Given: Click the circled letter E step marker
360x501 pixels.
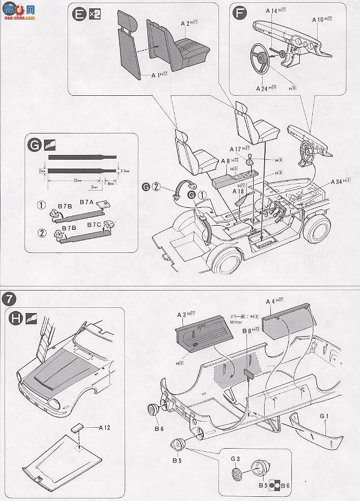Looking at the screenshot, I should [x=79, y=15].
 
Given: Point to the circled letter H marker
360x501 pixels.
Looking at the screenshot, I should [x=16, y=318].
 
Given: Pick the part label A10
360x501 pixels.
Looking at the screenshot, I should [x=318, y=19].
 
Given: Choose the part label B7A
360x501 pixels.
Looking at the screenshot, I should [x=86, y=202].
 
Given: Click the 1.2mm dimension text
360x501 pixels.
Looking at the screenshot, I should [x=124, y=171].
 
